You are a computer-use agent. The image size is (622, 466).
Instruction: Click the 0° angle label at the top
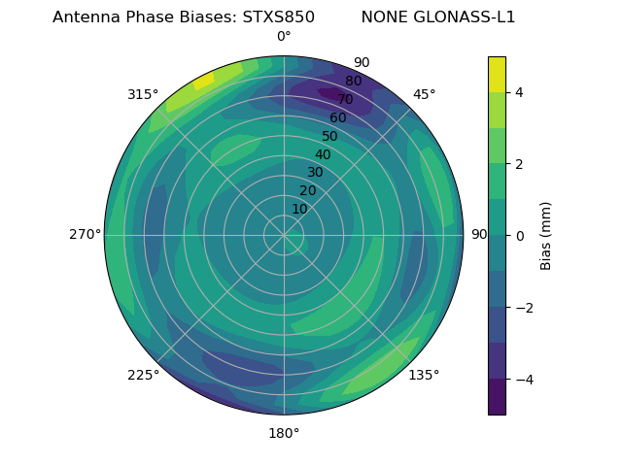point(284,37)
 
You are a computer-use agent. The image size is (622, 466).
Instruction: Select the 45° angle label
point(424,94)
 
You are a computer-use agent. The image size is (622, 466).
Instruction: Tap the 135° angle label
point(424,375)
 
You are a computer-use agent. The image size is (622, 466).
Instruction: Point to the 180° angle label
point(284,433)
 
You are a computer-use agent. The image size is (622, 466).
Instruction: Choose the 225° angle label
point(143,376)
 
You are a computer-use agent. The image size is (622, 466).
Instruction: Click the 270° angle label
point(85,234)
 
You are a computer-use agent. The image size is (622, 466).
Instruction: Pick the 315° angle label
point(143,94)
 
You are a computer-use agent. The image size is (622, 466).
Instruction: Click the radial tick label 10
point(299,209)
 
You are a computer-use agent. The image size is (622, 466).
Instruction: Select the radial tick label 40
point(323,155)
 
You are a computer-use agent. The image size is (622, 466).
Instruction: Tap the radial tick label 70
point(345,100)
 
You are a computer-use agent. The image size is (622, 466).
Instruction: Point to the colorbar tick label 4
point(519,92)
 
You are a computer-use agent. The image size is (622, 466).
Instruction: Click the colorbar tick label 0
point(519,236)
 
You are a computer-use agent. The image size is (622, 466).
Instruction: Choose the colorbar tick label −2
point(523,308)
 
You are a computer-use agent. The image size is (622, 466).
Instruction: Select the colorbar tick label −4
point(523,380)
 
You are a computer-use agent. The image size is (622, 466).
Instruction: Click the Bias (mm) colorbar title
point(546,235)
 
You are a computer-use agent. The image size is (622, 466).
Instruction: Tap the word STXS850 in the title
point(278,17)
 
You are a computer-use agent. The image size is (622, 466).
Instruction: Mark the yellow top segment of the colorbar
point(497,74)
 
